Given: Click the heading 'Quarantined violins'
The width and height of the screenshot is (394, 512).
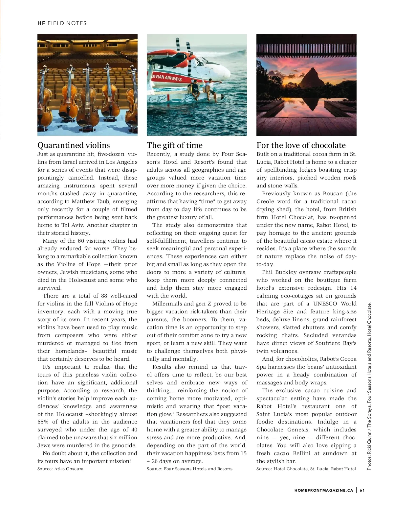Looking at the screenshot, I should [74, 145].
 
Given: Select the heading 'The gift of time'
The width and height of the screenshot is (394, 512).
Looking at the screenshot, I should [174, 145].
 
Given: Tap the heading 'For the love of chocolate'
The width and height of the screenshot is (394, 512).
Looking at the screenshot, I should [301, 145].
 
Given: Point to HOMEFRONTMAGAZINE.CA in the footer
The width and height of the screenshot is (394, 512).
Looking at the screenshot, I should [324, 490].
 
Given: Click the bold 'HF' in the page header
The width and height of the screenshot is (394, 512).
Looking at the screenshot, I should [41, 23].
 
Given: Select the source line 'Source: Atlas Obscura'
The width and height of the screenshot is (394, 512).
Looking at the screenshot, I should [60, 469].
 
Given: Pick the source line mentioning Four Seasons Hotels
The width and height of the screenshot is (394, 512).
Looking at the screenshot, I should [189, 469].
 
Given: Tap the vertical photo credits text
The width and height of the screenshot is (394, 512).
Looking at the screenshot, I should [369, 386].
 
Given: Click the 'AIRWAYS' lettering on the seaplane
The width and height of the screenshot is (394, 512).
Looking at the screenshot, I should [173, 79].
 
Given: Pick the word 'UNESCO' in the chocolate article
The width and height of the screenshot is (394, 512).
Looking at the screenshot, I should [325, 304].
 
